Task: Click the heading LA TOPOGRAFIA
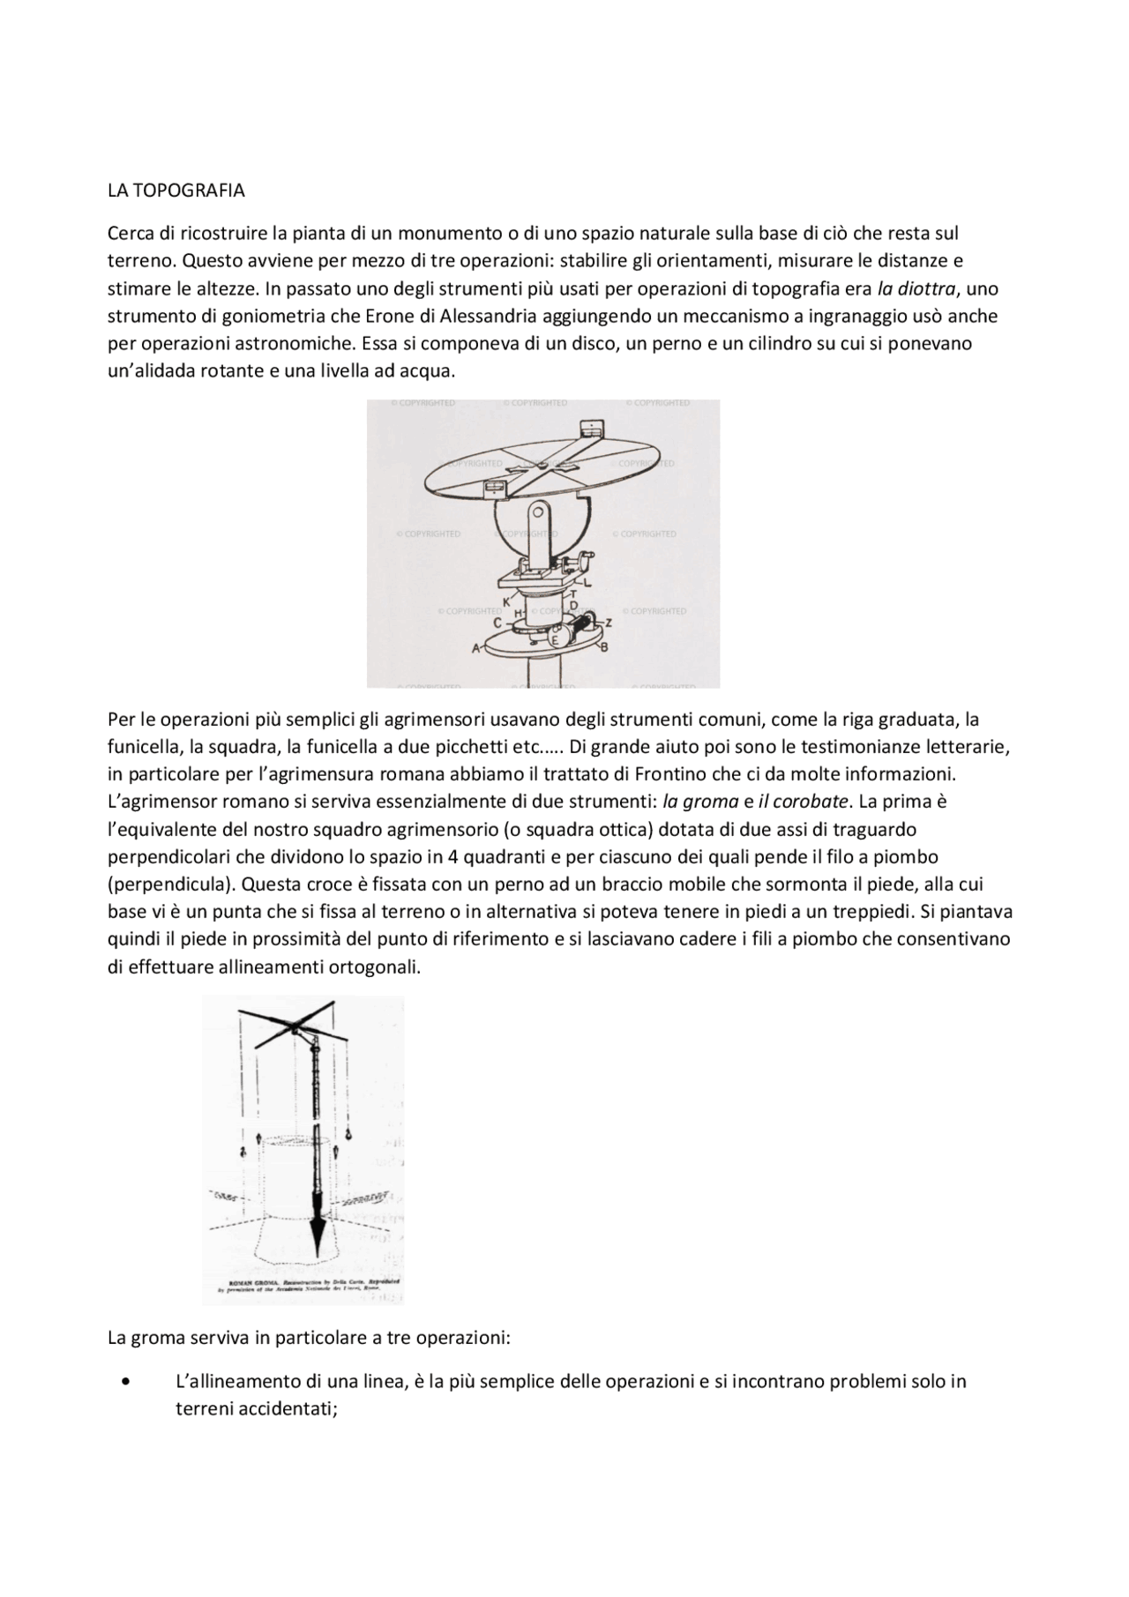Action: coord(176,190)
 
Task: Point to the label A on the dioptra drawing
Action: coord(476,648)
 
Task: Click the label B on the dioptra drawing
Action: coord(604,648)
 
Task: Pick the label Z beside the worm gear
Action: coord(609,623)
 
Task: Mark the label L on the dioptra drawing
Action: coord(587,582)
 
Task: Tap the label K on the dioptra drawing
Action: coord(507,601)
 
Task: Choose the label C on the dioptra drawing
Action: coord(497,623)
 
